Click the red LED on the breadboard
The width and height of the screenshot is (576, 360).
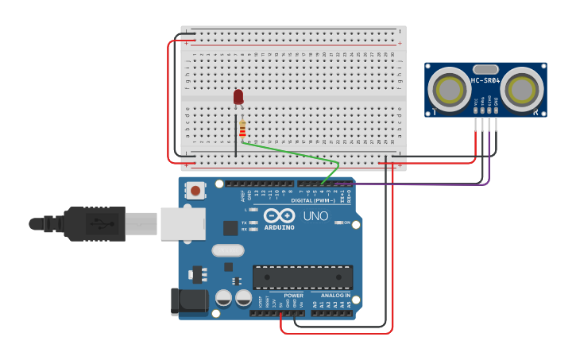[238, 97]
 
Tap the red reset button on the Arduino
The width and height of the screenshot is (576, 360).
[195, 190]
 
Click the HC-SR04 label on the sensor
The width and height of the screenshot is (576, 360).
[485, 80]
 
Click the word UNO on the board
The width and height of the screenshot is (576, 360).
[315, 216]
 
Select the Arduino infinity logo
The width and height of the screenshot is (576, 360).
[279, 216]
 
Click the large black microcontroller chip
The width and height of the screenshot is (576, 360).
[302, 277]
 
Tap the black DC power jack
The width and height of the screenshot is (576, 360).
[189, 301]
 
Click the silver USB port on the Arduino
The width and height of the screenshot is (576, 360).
[183, 223]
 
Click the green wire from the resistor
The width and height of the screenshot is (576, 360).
[294, 152]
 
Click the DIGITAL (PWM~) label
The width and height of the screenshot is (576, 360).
[313, 200]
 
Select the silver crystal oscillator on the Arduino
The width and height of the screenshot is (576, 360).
[227, 250]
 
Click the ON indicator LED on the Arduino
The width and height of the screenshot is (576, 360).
[338, 223]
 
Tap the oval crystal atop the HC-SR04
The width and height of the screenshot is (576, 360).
[485, 69]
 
